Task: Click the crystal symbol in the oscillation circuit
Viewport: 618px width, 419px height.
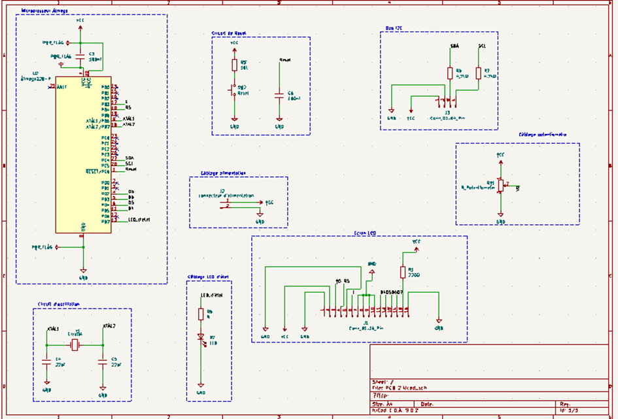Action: (x=75, y=345)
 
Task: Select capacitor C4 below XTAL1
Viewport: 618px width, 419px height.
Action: (x=46, y=360)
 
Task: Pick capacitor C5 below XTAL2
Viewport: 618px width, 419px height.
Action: (x=103, y=360)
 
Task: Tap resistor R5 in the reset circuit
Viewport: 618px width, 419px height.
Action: (x=235, y=65)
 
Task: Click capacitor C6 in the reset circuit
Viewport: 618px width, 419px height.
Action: (x=279, y=95)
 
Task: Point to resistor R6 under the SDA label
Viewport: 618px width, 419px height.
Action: (x=449, y=73)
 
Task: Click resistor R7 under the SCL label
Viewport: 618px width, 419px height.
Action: (x=478, y=73)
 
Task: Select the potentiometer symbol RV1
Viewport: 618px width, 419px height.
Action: (x=500, y=186)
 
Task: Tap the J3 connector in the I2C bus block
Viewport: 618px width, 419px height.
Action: (x=447, y=102)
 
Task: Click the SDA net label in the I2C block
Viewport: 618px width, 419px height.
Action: (x=455, y=47)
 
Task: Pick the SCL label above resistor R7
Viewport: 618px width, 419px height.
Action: (x=482, y=47)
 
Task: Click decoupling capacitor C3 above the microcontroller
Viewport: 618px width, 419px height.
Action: (x=80, y=57)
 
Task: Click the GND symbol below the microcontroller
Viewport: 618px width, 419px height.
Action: (x=83, y=271)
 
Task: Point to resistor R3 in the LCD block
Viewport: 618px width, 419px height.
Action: (x=402, y=273)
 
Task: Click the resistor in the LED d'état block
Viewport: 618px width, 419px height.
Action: (x=201, y=314)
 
